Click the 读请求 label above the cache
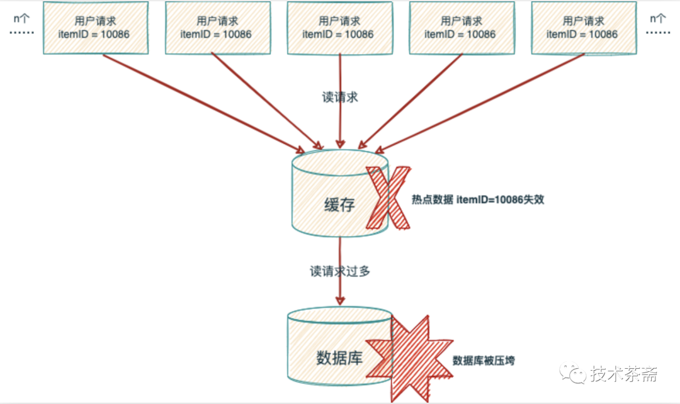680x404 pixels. pyautogui.click(x=340, y=98)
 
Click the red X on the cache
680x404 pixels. pyautogui.click(x=385, y=196)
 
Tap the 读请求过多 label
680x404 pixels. pyautogui.click(x=340, y=272)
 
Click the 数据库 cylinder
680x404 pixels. pyautogui.click(x=331, y=352)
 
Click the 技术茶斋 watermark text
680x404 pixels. pyautogui.click(x=625, y=375)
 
